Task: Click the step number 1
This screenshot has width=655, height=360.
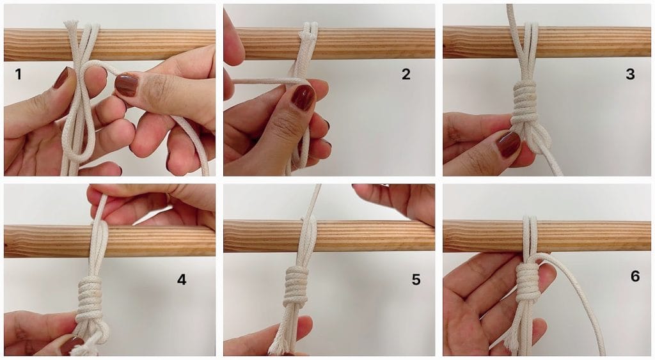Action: (18, 74)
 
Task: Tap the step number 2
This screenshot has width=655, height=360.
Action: (406, 74)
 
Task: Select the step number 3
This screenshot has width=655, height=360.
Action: (630, 74)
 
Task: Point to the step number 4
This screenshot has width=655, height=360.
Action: (181, 279)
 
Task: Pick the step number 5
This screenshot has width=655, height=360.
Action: (416, 279)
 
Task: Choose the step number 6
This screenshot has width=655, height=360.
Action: (635, 276)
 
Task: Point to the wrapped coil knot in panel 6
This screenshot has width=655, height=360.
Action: (528, 282)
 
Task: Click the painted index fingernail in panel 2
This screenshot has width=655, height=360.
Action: (303, 97)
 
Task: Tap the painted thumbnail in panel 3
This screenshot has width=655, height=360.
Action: (508, 144)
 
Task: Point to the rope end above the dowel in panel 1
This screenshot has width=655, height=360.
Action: (71, 26)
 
